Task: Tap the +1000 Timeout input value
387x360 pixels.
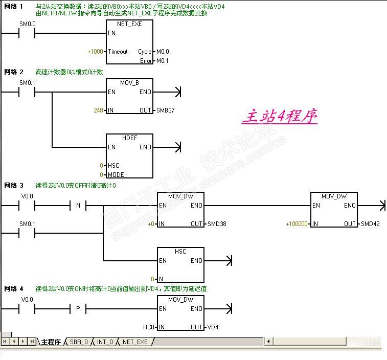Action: [95, 52]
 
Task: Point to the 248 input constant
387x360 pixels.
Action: [98, 110]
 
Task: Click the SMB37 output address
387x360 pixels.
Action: [166, 110]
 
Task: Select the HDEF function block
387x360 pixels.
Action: [129, 156]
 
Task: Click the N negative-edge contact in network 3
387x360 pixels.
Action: [78, 206]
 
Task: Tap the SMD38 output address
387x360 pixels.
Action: [217, 224]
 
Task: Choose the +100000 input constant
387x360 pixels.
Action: [297, 224]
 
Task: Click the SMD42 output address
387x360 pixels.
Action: [371, 224]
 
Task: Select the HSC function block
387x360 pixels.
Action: [180, 265]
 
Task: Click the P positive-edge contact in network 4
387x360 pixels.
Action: [78, 309]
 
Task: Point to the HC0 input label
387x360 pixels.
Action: [148, 327]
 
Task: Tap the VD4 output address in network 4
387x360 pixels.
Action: [213, 327]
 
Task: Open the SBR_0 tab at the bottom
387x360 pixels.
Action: [79, 342]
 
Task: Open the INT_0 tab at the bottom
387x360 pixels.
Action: [105, 342]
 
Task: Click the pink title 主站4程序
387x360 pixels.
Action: [280, 117]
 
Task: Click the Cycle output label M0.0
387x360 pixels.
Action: [163, 52]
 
